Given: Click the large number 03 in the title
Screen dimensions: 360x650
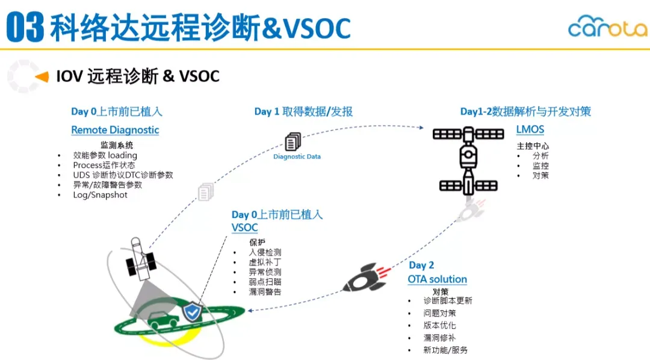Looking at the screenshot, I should (x=25, y=28).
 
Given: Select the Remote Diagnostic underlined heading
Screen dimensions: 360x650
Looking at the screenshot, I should (x=115, y=130).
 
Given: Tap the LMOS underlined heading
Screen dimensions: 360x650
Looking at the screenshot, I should (x=530, y=130).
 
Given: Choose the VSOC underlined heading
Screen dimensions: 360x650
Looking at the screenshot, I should (x=244, y=228).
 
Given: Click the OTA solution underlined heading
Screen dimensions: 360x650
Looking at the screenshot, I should (x=437, y=279).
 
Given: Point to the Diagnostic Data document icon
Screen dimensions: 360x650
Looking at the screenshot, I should (x=292, y=142).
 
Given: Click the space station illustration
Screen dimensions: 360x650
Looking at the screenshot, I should (x=468, y=159).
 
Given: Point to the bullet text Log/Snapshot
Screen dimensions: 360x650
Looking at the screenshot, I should (x=100, y=195).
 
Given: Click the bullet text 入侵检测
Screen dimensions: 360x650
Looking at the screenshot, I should (x=265, y=253).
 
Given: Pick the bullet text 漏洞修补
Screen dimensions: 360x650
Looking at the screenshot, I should (x=439, y=338).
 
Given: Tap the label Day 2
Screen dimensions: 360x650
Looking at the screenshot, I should (x=421, y=265).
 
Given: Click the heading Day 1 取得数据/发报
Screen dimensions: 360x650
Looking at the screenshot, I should (x=303, y=111).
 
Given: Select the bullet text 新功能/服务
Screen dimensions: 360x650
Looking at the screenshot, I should (x=445, y=350).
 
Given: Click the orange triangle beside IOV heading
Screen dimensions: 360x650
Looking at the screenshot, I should (x=42, y=76).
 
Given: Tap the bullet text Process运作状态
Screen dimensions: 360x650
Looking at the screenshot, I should (x=104, y=165).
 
